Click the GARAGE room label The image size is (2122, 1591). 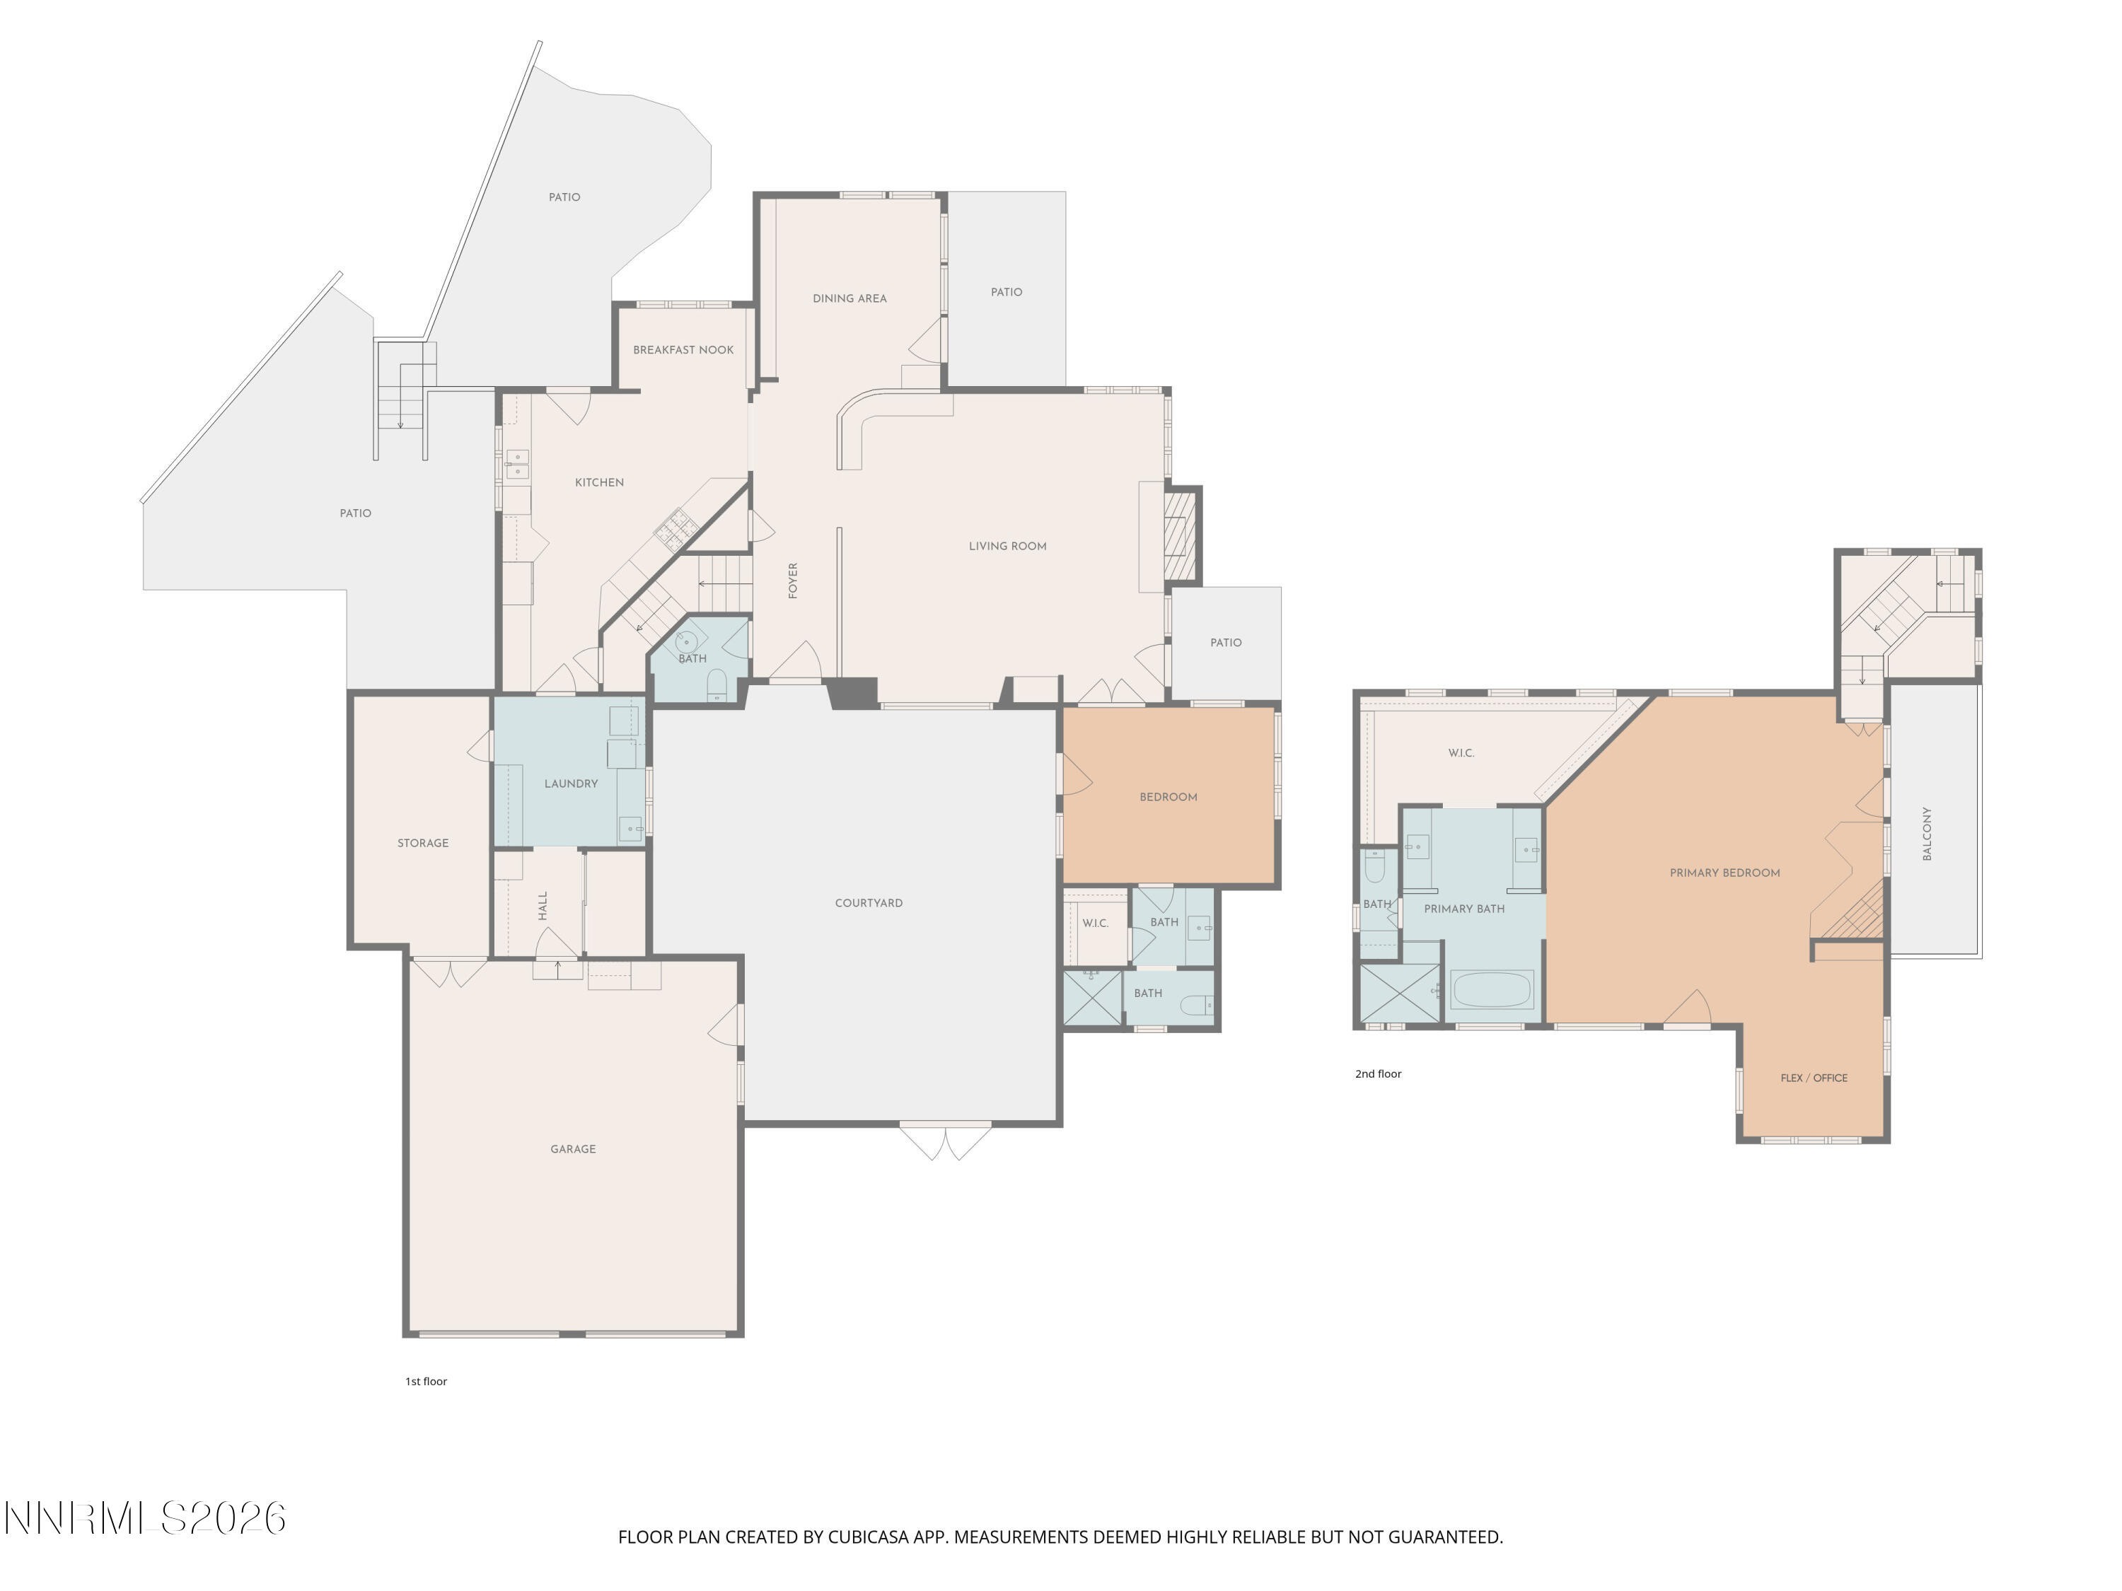tap(573, 1149)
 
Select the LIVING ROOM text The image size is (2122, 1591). tap(1007, 547)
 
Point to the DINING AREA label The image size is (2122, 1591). tap(849, 298)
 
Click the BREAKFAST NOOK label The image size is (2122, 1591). tap(683, 350)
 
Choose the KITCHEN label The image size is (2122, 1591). tap(600, 482)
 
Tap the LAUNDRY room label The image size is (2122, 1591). tap(571, 783)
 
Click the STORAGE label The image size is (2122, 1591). tap(423, 843)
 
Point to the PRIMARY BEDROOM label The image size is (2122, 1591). tap(1725, 873)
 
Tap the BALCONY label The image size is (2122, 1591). tap(1927, 834)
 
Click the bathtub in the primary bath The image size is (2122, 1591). tap(1492, 990)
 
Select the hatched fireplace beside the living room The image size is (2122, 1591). tap(1181, 535)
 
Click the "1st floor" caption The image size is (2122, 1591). tap(426, 1382)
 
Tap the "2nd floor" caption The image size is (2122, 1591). tap(1379, 1074)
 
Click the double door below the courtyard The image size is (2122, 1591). tap(946, 1141)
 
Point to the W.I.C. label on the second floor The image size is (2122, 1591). tap(1461, 754)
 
